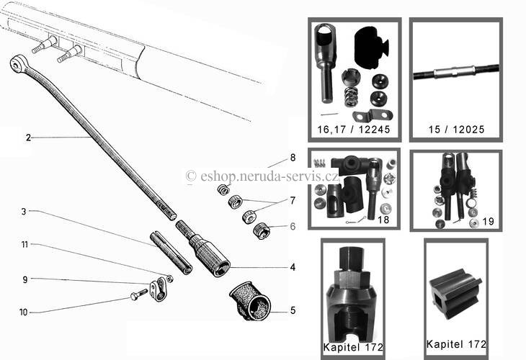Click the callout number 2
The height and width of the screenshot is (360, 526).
click(28, 138)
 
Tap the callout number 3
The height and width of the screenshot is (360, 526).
click(24, 212)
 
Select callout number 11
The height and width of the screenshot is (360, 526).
click(24, 245)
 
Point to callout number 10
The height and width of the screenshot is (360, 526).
click(23, 312)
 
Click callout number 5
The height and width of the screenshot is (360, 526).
click(293, 311)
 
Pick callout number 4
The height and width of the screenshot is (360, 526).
click(293, 267)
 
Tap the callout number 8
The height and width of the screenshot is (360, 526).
click(293, 158)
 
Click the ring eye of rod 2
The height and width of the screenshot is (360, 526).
click(16, 63)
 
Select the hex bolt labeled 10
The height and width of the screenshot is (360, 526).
click(138, 294)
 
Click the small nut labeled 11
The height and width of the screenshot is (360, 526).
click(170, 279)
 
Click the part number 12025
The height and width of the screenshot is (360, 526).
click(468, 130)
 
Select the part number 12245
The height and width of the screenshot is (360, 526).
click(374, 130)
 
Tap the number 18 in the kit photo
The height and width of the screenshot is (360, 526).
click(383, 220)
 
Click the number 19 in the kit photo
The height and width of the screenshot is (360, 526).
click(488, 221)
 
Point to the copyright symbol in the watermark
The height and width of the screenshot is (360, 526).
click(191, 176)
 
